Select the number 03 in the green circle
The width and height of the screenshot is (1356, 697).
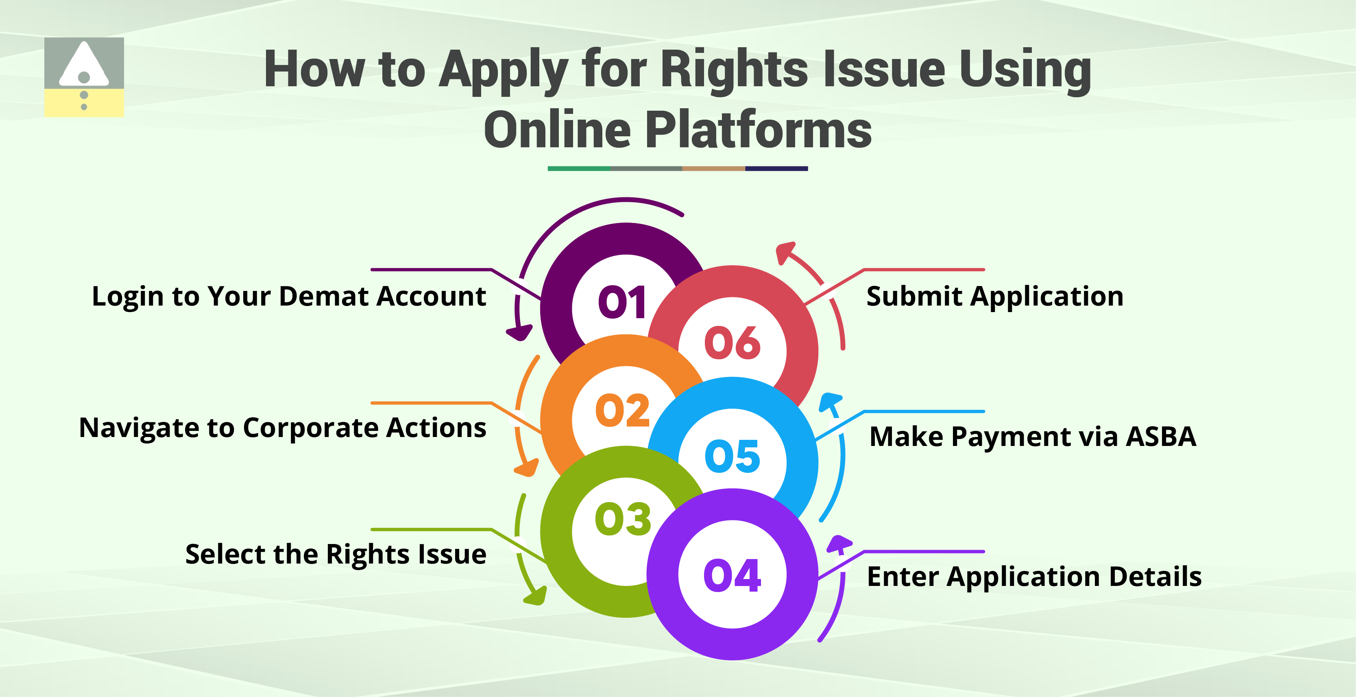(x=623, y=519)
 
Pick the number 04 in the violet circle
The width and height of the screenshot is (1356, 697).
(x=732, y=575)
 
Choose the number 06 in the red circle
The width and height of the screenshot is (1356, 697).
(x=732, y=343)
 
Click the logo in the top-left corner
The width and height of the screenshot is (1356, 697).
(x=84, y=77)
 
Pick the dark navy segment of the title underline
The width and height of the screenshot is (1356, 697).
(x=776, y=168)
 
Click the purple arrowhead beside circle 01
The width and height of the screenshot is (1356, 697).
(x=519, y=333)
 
